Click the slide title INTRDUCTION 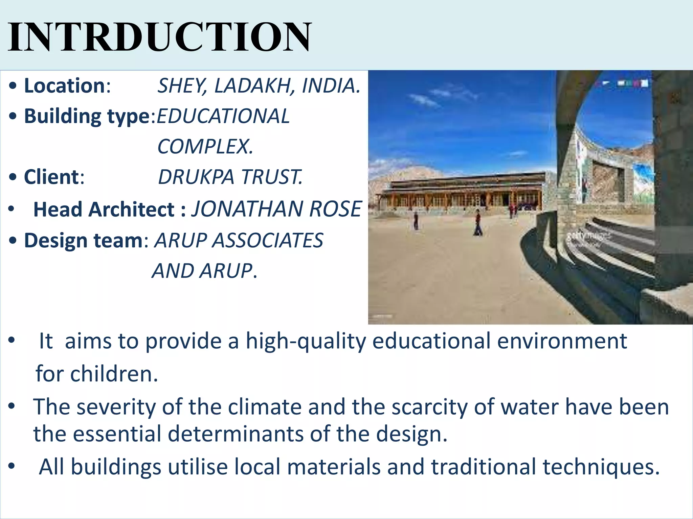[x=159, y=36]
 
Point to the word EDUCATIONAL [x=223, y=116]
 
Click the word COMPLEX [x=205, y=147]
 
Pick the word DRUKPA [x=196, y=177]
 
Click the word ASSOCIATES [x=267, y=241]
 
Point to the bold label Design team [x=83, y=241]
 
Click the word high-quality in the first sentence [x=306, y=341]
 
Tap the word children [x=113, y=374]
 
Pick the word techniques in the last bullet [x=601, y=467]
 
